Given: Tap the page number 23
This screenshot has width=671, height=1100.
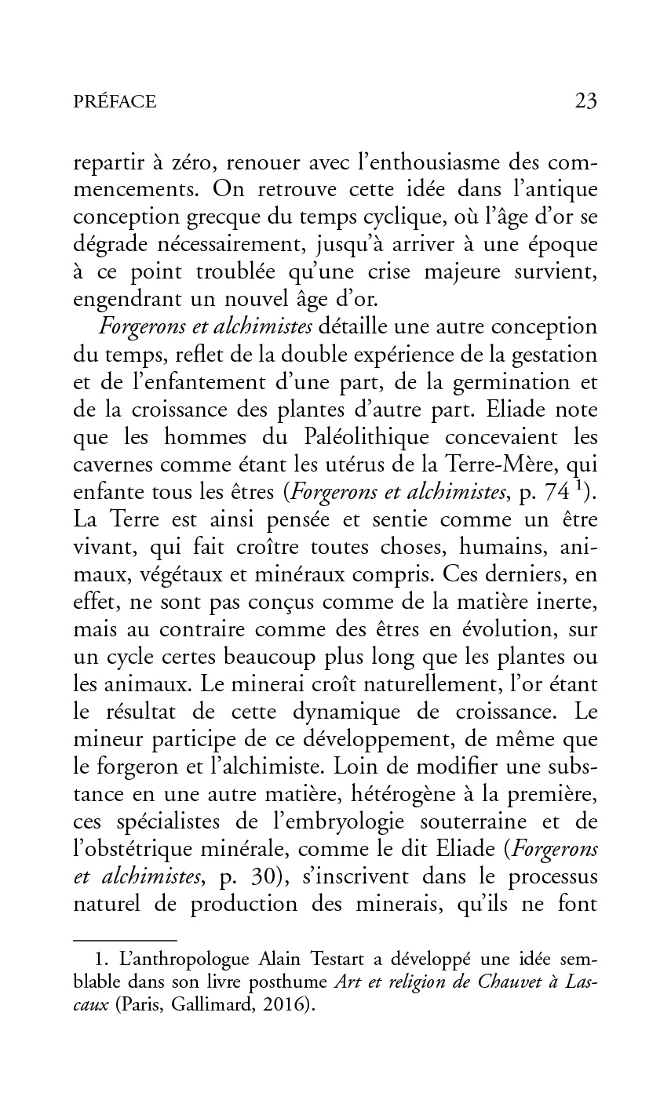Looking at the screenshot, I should pyautogui.click(x=585, y=100).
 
